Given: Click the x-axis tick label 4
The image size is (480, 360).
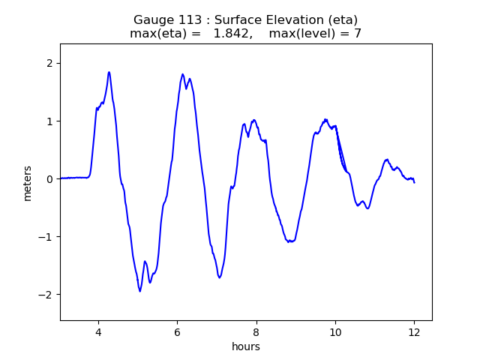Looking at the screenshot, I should coord(97,332).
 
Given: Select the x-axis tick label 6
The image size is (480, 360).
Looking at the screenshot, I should coord(177,332).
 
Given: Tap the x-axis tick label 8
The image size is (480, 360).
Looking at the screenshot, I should coord(256,332).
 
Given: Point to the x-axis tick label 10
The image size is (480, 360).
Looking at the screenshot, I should coord(335,332).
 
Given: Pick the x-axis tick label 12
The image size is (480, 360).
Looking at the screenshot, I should coord(414,332).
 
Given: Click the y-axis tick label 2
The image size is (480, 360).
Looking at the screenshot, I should coord(49,63).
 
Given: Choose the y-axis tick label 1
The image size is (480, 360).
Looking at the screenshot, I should coord(49,121).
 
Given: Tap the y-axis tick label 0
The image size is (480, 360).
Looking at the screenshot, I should coord(49,179).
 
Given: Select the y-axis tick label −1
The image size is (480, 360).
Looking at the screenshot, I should coord(46,237).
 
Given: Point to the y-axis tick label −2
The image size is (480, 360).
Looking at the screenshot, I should coord(46,295).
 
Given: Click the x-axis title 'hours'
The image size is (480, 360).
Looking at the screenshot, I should coord(246,346).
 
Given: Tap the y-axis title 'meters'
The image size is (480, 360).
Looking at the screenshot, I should coord(28,183).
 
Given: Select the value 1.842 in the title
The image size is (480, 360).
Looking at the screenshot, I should coord(232,34).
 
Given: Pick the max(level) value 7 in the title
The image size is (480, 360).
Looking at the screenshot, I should coord(358,34).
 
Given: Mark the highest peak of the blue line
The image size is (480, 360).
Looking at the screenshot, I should coord(109,72).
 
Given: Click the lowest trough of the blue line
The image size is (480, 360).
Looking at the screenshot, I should coord(140,291).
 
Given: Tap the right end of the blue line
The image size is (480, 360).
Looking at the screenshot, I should coord(414,182).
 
